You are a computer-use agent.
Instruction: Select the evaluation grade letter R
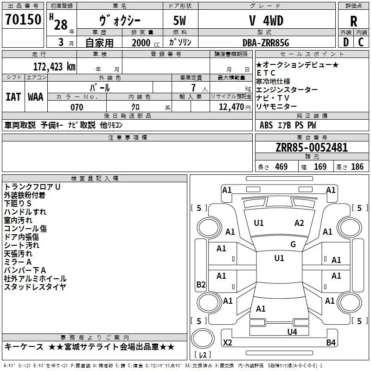click(353, 21)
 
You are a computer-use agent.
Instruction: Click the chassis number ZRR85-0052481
click(312, 147)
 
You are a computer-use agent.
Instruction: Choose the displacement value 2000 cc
click(142, 43)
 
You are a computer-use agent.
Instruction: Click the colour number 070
click(77, 107)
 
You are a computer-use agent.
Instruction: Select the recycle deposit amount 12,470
click(230, 107)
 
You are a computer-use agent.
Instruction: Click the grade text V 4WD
click(266, 21)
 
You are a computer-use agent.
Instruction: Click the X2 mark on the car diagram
click(228, 343)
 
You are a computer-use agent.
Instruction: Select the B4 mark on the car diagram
click(331, 343)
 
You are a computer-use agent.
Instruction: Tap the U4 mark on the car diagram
click(292, 332)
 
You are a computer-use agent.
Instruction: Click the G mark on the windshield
click(293, 244)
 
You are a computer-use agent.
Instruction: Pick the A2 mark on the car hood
click(299, 223)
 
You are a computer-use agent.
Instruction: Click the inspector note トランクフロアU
click(32, 187)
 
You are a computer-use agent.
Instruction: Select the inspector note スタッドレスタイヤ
click(35, 287)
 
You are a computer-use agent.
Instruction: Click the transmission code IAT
click(13, 97)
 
